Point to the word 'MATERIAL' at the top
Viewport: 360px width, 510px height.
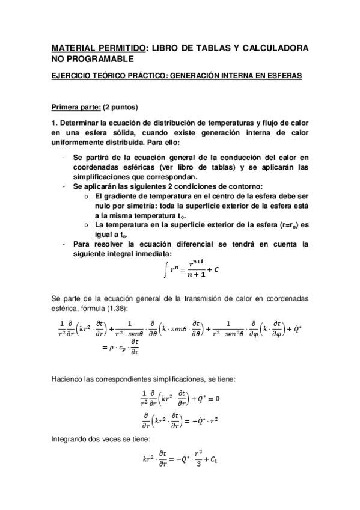coord(75,47)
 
